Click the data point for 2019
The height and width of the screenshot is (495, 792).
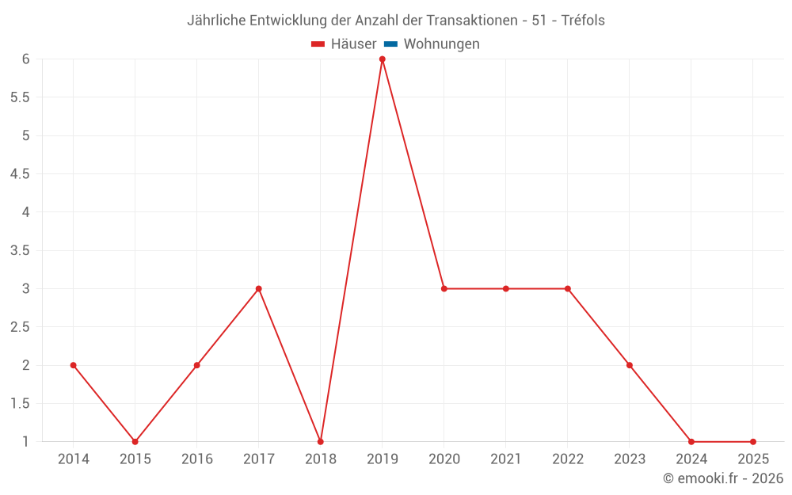coord(382,59)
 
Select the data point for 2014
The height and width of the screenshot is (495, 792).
coord(73,365)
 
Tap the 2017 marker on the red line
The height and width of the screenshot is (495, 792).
coord(258,289)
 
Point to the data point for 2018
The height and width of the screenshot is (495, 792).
coord(320,442)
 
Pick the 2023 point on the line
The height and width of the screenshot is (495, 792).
coord(630,365)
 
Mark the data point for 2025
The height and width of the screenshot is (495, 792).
coord(753,442)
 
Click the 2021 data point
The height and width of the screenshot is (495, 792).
coord(505,289)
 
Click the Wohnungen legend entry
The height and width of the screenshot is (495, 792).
coord(441,44)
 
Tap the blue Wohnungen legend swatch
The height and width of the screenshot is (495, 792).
coord(390,44)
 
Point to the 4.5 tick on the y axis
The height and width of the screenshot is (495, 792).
coord(20,174)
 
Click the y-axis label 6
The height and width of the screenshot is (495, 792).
coord(25,59)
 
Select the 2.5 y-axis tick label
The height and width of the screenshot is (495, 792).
coord(20,327)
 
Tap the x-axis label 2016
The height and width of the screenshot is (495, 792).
coord(196,459)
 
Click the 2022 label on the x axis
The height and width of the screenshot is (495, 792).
coord(568,459)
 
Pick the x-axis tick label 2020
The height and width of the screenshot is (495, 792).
coord(444,459)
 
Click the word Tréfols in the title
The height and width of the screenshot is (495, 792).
coord(583,21)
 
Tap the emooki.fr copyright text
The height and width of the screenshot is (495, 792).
coord(723,478)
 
